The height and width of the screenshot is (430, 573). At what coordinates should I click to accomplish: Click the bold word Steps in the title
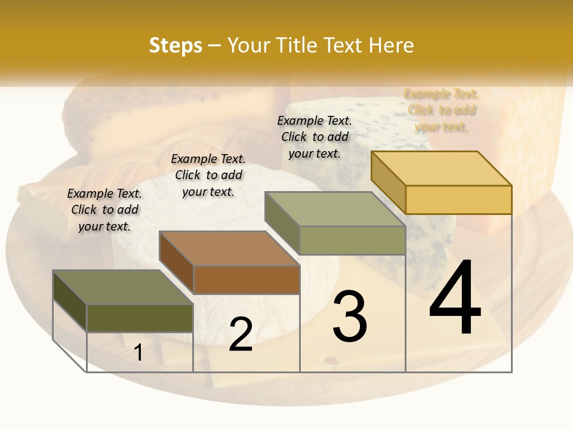175,45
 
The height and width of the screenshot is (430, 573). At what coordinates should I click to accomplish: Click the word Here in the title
391,45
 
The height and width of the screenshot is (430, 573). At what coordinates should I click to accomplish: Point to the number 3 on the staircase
350,317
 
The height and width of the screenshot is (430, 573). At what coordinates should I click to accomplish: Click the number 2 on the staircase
241,334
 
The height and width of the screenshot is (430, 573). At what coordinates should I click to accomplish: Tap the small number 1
138,353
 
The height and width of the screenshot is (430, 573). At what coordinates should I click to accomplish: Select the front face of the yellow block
458,199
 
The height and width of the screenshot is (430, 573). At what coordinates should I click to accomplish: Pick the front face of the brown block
247,279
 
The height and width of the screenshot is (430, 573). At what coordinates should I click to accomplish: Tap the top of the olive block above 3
335,209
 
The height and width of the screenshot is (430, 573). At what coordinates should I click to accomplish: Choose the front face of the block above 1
140,318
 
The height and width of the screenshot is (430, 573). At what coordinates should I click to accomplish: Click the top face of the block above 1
123,287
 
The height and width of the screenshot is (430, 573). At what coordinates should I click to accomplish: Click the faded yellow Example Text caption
442,110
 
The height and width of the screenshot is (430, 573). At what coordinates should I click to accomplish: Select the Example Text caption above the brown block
208,175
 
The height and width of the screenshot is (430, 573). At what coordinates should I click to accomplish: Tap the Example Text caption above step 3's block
315,137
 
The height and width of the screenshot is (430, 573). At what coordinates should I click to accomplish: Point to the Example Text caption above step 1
104,210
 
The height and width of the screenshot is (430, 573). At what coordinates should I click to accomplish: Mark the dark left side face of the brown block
177,262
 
